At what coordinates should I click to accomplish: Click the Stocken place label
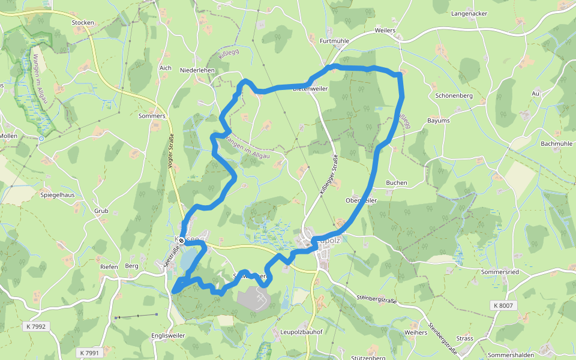point(83,23)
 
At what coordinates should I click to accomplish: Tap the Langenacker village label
point(469,13)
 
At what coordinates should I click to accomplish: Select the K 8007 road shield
point(503,305)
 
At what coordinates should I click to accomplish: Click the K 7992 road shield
point(36,326)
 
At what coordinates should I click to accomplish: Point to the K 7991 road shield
point(89,353)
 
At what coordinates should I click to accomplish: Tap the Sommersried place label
point(499,272)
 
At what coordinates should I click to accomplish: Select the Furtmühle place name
point(335,41)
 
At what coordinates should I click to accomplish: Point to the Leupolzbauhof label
point(302,332)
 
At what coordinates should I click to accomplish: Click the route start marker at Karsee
point(181,241)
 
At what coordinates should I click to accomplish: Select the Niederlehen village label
point(197,70)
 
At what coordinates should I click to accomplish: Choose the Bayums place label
point(438,121)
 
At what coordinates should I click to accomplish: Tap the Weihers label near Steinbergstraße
point(416,332)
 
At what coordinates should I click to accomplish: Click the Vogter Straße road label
point(170,153)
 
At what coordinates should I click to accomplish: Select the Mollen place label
point(8,136)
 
